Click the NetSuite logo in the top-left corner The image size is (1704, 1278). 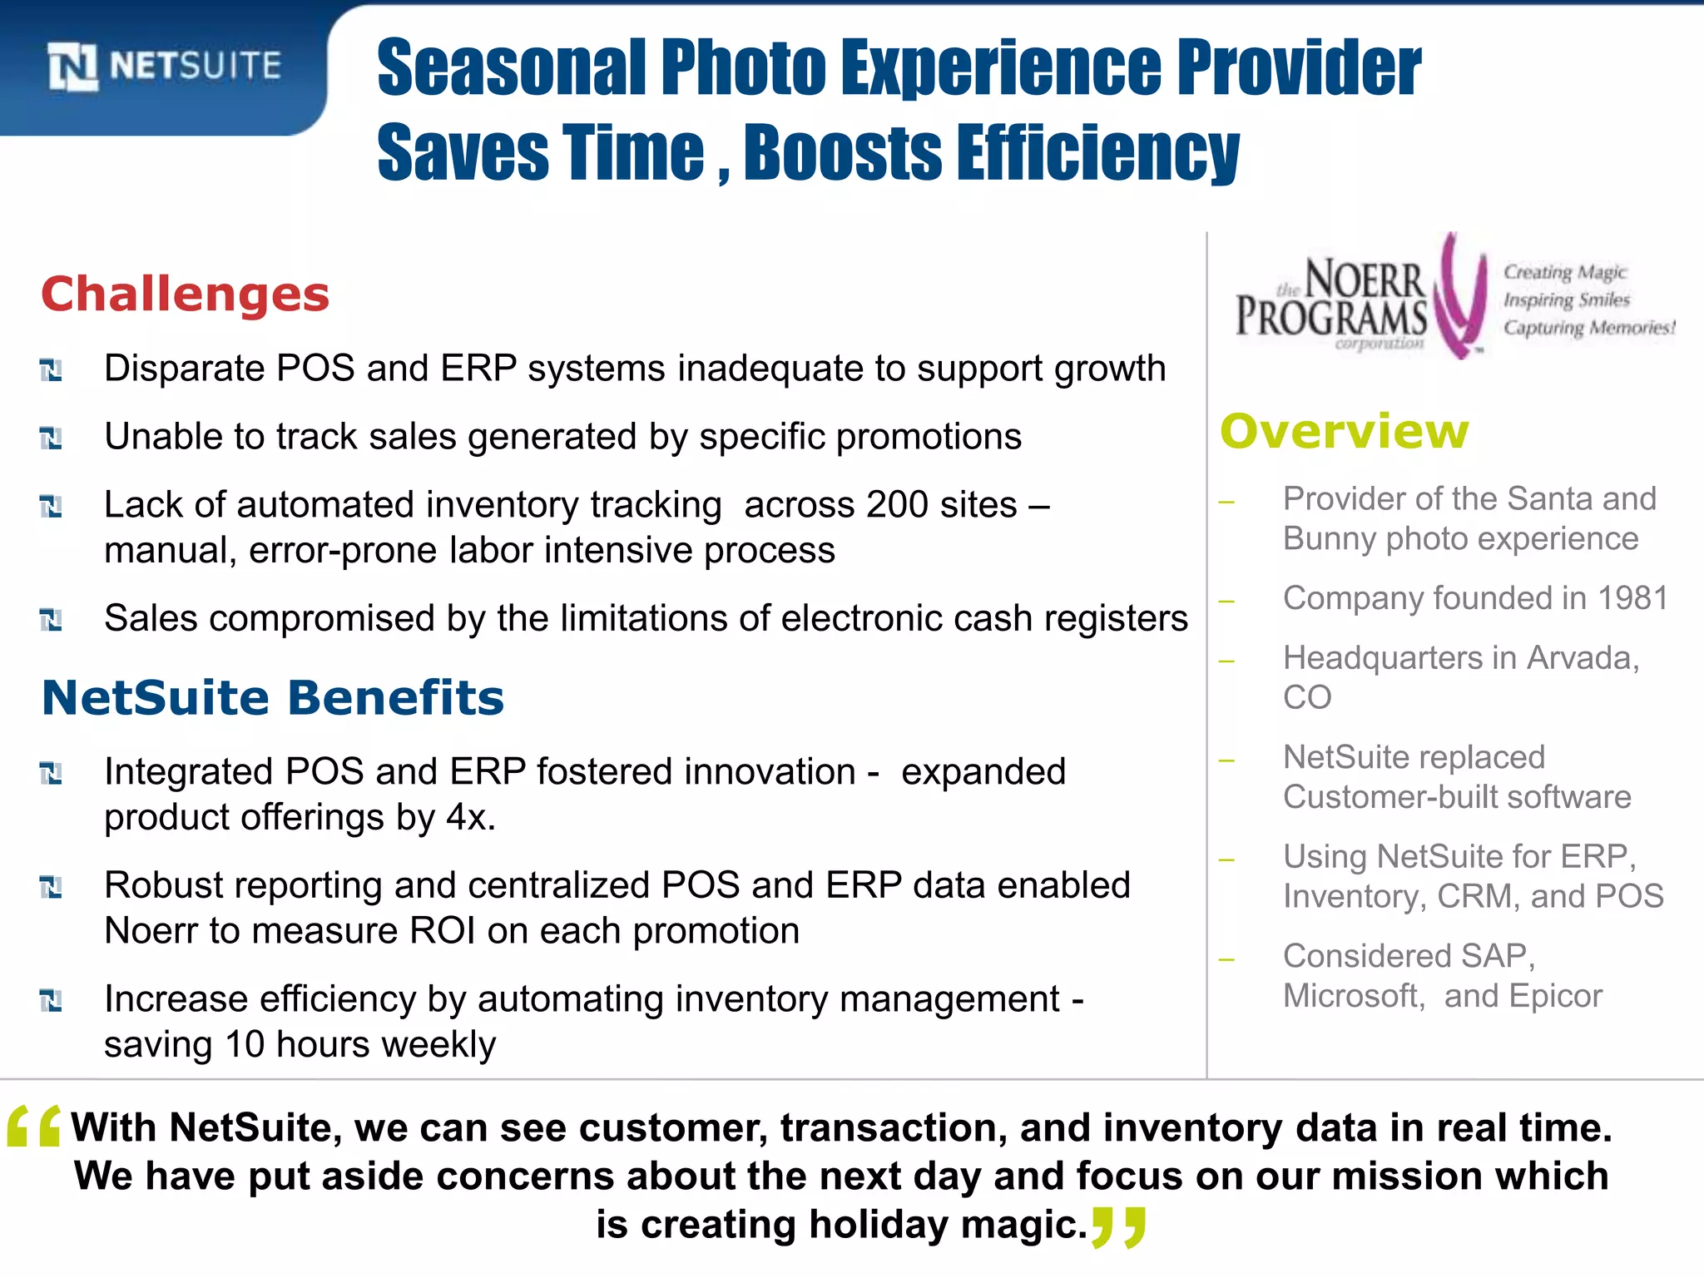[x=165, y=66]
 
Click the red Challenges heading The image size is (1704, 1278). [x=185, y=295]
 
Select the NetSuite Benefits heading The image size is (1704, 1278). [x=273, y=697]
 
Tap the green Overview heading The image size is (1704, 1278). [x=1344, y=431]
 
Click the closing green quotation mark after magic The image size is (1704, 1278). [x=1119, y=1226]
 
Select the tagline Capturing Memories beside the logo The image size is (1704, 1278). [x=1589, y=328]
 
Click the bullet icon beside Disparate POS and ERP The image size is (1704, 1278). [x=51, y=369]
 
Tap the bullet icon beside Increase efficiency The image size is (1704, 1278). [x=51, y=1000]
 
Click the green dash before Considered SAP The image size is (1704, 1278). [x=1226, y=960]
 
